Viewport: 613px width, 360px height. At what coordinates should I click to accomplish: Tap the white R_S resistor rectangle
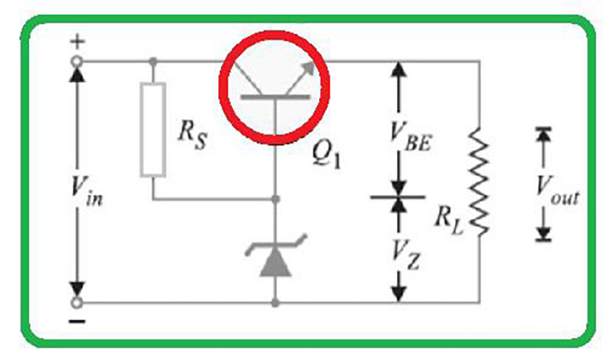pyautogui.click(x=152, y=130)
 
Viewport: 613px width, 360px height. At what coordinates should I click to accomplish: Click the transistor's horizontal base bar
pyautogui.click(x=274, y=97)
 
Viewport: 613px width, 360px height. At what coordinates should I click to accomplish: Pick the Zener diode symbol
pyautogui.click(x=274, y=257)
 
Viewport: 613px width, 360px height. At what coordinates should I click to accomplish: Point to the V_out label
pyautogui.click(x=557, y=184)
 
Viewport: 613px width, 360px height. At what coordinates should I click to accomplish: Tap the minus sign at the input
pyautogui.click(x=77, y=322)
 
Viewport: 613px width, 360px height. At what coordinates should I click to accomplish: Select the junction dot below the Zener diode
pyautogui.click(x=274, y=303)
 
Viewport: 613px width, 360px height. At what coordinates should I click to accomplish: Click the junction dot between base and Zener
pyautogui.click(x=274, y=199)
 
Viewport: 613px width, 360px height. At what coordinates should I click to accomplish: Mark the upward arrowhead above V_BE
pyautogui.click(x=398, y=70)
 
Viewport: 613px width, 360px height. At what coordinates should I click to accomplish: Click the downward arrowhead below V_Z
pyautogui.click(x=398, y=293)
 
